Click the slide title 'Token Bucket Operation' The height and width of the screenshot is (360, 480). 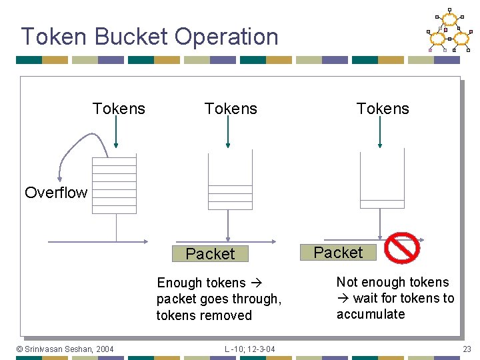[149, 37]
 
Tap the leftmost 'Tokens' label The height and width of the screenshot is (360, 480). [119, 109]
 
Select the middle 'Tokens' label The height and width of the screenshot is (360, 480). [231, 109]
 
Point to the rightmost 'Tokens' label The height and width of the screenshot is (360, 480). [383, 109]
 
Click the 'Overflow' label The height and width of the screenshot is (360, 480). [56, 193]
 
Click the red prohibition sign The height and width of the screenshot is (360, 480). [403, 248]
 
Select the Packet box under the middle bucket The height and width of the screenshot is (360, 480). [210, 254]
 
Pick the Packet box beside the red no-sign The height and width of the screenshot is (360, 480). [338, 253]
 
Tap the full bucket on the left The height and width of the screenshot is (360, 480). [114, 185]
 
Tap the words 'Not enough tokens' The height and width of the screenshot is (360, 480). [393, 282]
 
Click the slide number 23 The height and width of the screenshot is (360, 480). [467, 349]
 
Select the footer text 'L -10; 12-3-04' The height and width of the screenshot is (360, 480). [249, 349]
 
